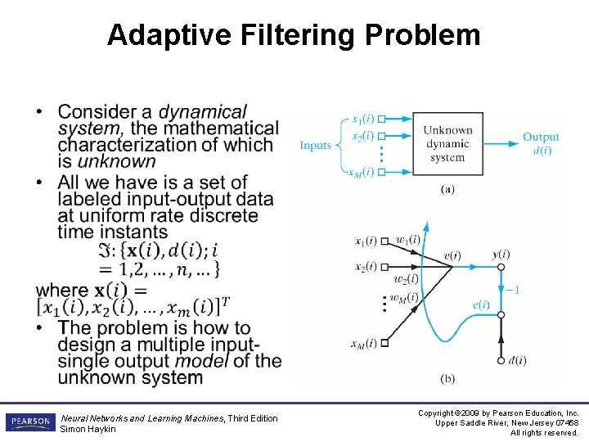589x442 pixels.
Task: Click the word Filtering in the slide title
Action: (x=290, y=35)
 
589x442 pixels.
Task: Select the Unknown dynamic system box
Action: (x=447, y=143)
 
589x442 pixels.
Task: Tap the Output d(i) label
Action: (x=541, y=143)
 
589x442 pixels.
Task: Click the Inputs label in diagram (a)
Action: (x=316, y=146)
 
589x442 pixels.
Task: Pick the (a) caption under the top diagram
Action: (x=447, y=189)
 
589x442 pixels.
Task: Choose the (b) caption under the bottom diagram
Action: (x=447, y=378)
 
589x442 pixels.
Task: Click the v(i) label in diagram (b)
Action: (x=452, y=255)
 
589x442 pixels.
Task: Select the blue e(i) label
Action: (x=481, y=305)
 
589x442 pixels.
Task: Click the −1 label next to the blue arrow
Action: (x=512, y=290)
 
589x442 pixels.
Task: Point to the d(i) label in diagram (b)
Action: (x=517, y=360)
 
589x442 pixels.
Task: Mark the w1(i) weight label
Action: (x=407, y=240)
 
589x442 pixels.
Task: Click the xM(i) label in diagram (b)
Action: (x=365, y=343)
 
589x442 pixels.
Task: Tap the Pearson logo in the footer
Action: (x=29, y=422)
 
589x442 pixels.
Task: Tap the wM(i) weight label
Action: (x=403, y=297)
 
